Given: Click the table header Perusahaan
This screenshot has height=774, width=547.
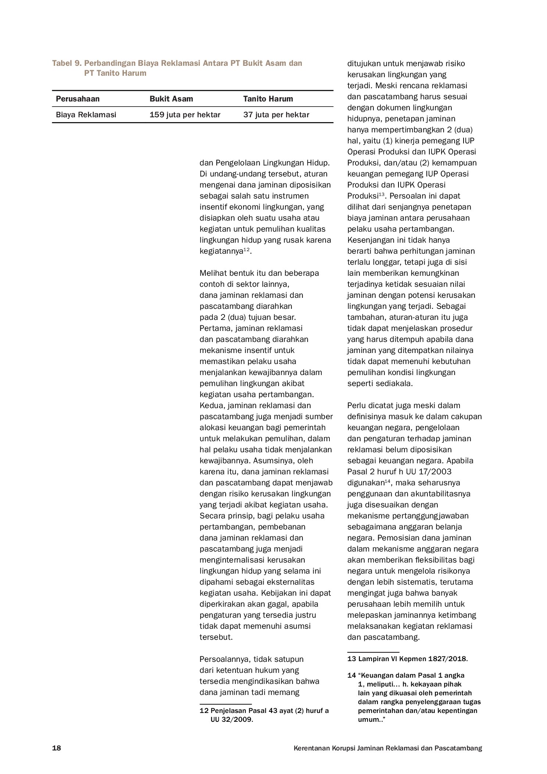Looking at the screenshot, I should [78, 99].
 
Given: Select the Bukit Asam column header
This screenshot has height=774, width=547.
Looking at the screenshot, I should [171, 99].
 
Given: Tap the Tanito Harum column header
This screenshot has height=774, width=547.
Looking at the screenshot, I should [268, 99].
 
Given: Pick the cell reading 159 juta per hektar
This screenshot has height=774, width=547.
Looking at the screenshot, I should [185, 115].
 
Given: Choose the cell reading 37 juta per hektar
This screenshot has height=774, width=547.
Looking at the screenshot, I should [276, 115].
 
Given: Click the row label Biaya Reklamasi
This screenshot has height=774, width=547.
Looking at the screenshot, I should [86, 115].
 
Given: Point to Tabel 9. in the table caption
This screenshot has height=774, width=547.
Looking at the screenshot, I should [67, 63].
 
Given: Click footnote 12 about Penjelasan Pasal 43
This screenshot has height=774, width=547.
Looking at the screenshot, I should [264, 710].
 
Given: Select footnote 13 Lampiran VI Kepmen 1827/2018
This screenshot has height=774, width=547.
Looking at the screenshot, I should [407, 659].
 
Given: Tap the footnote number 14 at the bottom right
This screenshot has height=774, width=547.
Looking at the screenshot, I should [351, 675].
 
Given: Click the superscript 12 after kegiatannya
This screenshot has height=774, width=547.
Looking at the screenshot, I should [247, 250].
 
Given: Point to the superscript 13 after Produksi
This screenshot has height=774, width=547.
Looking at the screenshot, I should [381, 194].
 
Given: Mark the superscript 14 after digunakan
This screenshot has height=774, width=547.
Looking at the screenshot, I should [387, 481].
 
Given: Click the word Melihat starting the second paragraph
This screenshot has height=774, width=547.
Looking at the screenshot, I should [213, 273].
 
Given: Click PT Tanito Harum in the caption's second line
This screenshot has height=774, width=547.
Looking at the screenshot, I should [115, 73].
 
